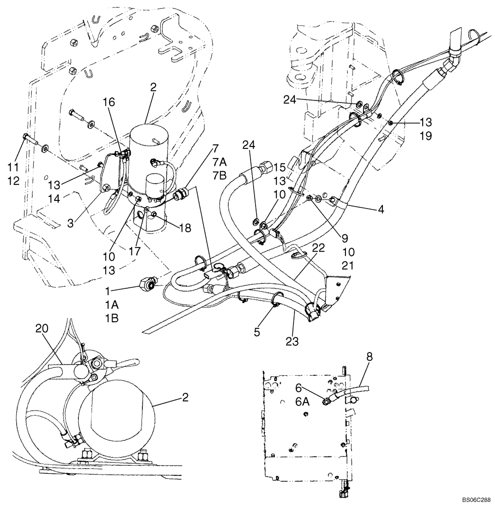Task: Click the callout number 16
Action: tap(110, 103)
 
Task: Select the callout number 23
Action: tap(292, 341)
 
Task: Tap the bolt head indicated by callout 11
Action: tap(26, 137)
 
